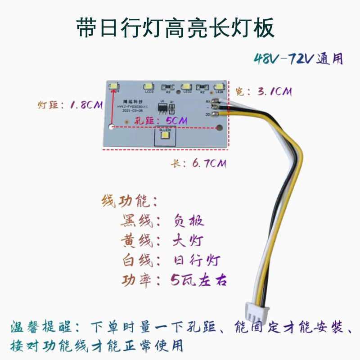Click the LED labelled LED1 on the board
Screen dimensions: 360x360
click(x=219, y=85)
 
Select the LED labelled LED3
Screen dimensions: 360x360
click(x=150, y=85)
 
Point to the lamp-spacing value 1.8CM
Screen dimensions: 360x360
click(x=85, y=106)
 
